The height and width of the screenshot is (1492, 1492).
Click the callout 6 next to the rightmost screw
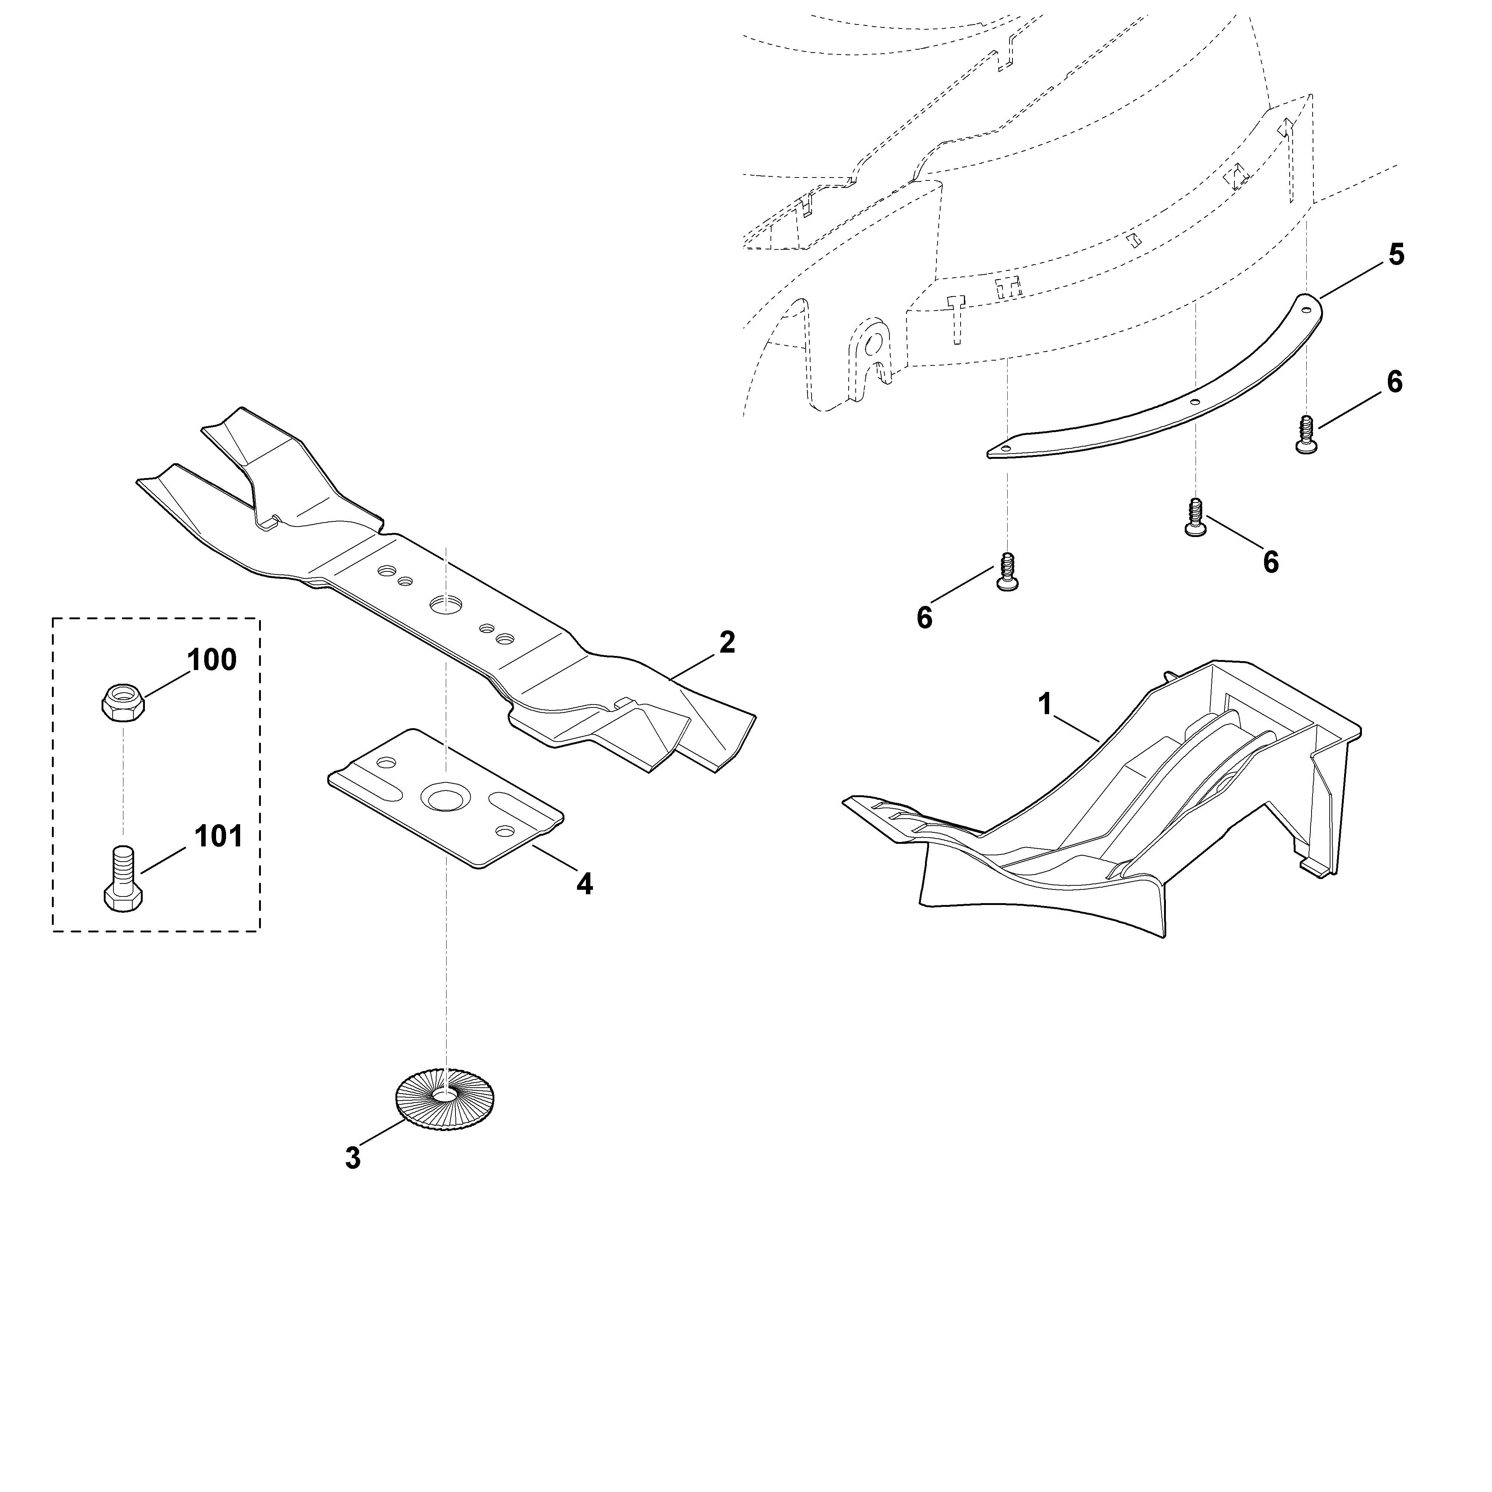[x=1395, y=382]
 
